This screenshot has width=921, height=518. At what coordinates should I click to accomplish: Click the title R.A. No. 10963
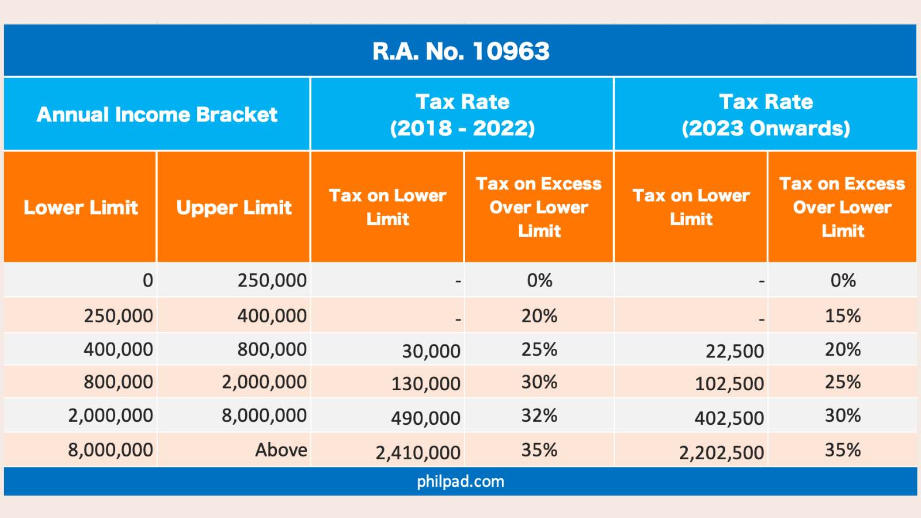pos(461,51)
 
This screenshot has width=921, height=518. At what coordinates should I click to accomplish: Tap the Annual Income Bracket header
pos(157,114)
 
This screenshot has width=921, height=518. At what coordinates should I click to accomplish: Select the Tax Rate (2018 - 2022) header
pos(462,115)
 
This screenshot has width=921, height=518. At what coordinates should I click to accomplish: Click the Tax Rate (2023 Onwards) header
pos(766,115)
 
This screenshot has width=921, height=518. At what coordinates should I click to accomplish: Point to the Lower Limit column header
pos(81,207)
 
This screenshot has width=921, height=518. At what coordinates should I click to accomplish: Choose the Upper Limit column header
pos(234,207)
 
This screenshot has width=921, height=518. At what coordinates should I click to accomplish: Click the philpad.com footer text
pos(461,481)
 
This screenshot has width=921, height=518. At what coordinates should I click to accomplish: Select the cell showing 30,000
pos(431,351)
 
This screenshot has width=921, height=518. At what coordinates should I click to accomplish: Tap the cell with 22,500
pos(734,351)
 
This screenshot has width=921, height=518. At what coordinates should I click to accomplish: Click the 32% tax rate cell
pos(539,415)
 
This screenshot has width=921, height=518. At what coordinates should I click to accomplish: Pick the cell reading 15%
pos(842,315)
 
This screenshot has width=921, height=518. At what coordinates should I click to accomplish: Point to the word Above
pos(281,450)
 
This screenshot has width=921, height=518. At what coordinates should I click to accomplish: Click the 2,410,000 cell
pos(418,453)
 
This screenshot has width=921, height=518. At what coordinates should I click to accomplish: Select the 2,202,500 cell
pos(721,453)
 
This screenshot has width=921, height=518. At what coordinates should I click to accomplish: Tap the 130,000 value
pos(425,383)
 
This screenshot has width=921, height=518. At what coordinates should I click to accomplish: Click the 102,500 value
pos(729,383)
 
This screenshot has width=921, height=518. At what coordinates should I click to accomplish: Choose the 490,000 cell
pos(425,418)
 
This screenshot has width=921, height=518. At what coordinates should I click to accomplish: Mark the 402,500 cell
pos(729,418)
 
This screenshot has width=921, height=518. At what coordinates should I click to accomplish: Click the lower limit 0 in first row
pos(148,280)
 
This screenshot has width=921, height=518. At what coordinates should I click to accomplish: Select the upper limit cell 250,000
pos(272,280)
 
